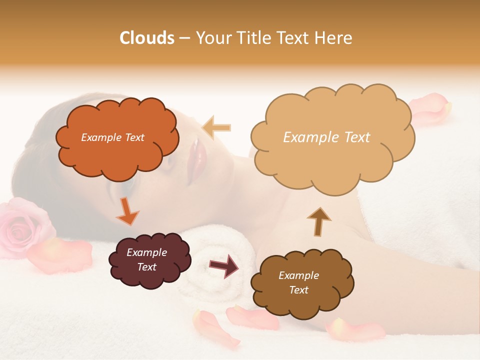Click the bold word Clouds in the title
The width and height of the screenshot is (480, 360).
[x=147, y=38]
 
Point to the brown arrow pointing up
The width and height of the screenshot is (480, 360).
[x=319, y=220]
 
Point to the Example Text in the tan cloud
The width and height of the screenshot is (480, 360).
[x=326, y=137]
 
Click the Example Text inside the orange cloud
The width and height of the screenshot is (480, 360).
[x=112, y=137]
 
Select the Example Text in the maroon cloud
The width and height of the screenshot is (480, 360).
[x=146, y=259]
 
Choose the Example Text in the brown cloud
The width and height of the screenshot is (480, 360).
[x=298, y=282]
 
